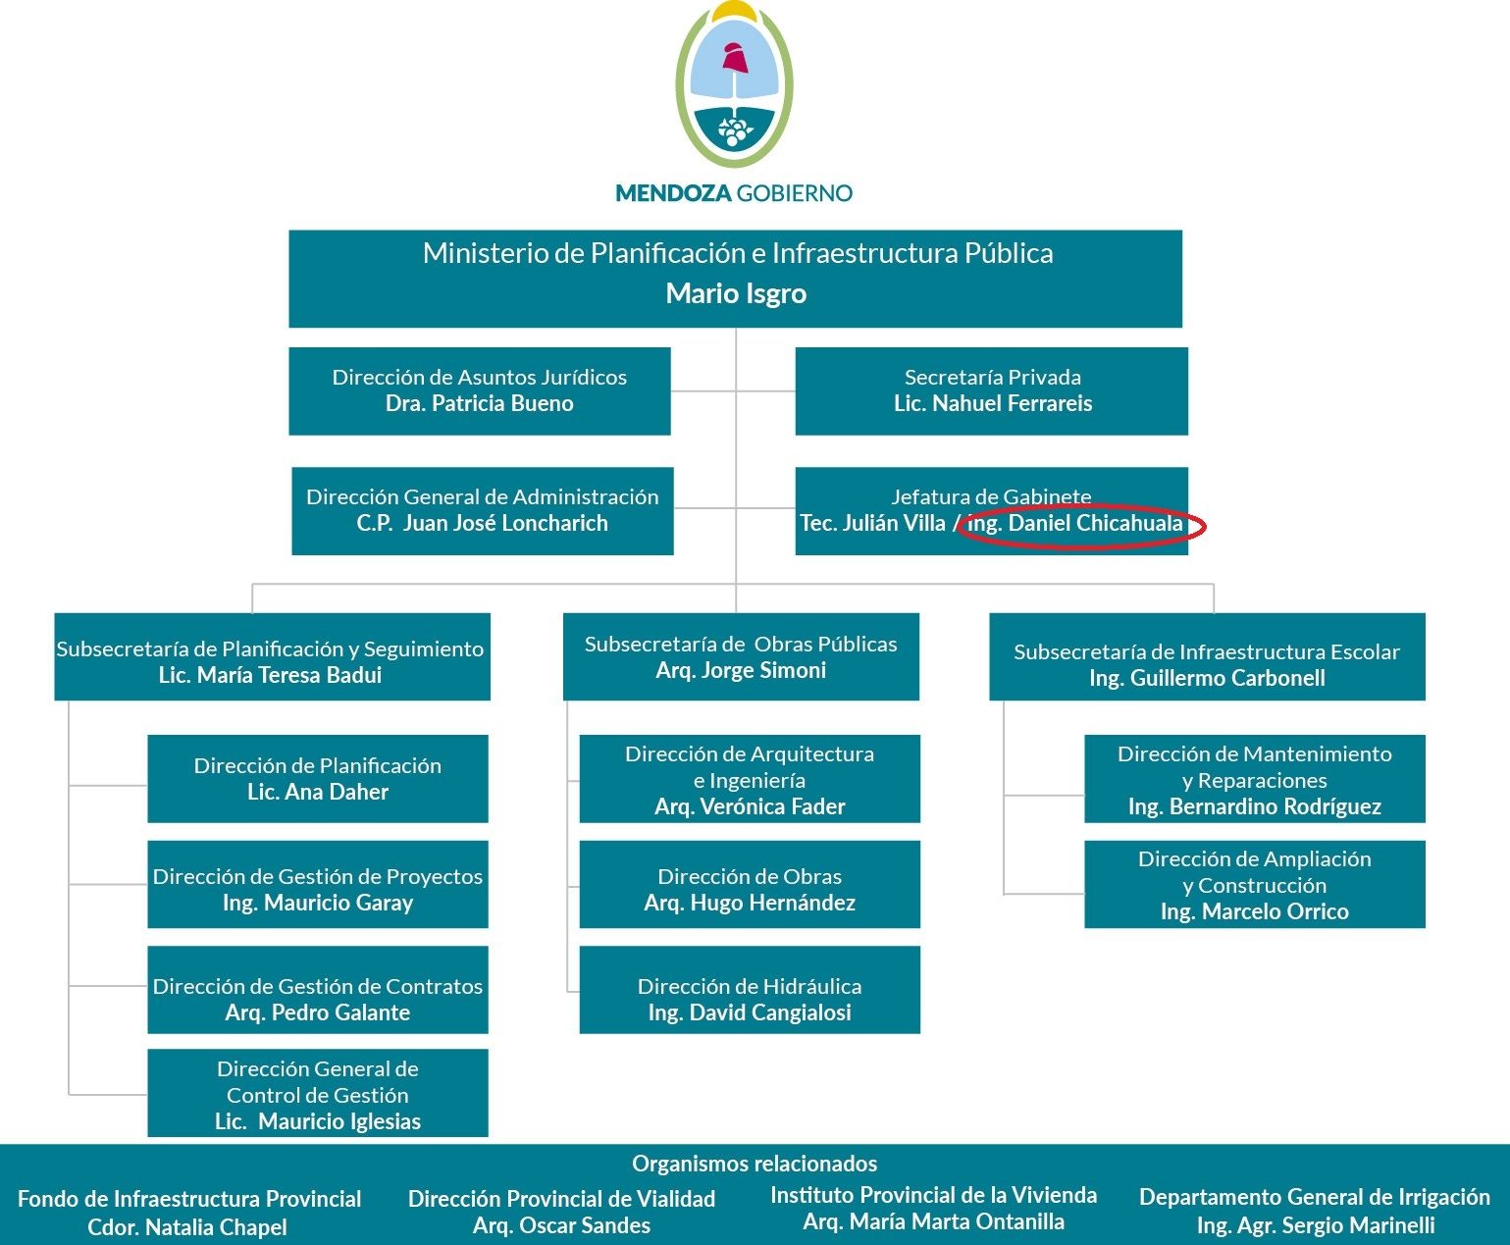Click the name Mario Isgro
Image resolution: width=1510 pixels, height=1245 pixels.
tap(736, 293)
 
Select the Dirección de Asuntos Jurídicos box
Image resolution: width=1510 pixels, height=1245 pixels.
tap(479, 390)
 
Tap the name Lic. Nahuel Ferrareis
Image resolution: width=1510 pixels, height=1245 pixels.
tap(992, 403)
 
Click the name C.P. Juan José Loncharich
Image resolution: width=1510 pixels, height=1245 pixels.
tap(482, 523)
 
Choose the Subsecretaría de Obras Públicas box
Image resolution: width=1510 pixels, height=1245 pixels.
tap(741, 656)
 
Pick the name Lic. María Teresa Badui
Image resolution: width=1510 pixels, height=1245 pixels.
tap(270, 675)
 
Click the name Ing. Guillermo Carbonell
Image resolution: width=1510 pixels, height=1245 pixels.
tap(1207, 678)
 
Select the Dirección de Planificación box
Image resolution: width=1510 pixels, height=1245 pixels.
tap(317, 778)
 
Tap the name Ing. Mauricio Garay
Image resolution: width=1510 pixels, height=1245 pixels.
tap(317, 903)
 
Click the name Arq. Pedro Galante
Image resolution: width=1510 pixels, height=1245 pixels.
tap(317, 1012)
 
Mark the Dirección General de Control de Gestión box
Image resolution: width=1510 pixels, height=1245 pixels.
tap(317, 1093)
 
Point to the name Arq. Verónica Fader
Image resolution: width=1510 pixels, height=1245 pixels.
tap(750, 806)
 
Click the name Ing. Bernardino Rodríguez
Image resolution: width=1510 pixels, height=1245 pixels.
tap(1254, 806)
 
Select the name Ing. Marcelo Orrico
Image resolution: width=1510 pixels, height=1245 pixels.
tap(1254, 911)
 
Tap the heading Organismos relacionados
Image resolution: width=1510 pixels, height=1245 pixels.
tap(755, 1164)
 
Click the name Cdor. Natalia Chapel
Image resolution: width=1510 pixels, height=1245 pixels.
tap(187, 1227)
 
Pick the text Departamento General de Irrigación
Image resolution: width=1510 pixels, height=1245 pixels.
tap(1314, 1197)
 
